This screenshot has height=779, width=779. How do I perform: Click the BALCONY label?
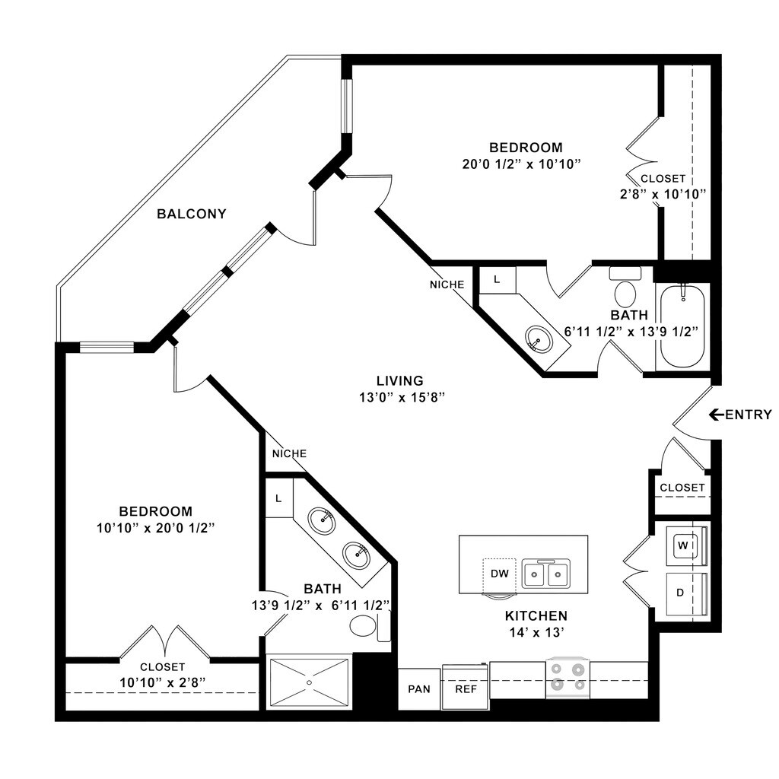click(191, 214)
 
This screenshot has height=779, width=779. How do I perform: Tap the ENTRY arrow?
click(715, 415)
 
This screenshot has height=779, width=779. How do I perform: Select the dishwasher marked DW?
click(499, 573)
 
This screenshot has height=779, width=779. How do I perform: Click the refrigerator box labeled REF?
click(465, 688)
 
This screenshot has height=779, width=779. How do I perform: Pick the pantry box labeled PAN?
click(419, 688)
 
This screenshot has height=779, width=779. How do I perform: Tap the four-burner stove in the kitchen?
click(568, 676)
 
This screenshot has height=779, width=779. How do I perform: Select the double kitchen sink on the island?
click(546, 573)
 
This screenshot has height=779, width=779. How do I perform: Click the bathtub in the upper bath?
click(682, 327)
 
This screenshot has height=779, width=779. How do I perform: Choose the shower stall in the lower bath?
click(310, 682)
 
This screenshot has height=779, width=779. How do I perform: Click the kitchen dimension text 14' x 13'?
click(537, 631)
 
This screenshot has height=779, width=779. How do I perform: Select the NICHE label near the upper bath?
click(447, 285)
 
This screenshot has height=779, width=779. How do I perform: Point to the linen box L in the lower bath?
click(278, 498)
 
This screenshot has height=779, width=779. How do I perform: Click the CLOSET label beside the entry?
click(682, 488)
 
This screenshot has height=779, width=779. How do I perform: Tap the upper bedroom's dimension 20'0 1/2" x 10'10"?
click(526, 164)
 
